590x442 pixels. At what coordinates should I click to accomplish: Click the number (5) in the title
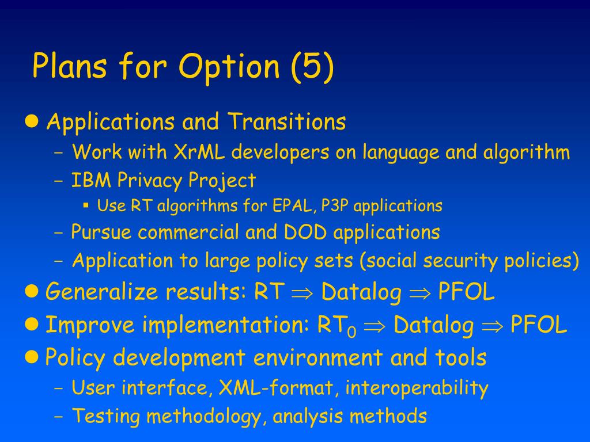click(x=312, y=67)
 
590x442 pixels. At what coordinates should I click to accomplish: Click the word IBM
click(x=92, y=180)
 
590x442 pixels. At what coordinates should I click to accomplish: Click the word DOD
click(x=305, y=232)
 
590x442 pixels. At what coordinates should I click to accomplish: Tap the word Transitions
click(x=286, y=121)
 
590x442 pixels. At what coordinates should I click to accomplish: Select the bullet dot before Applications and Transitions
click(x=32, y=121)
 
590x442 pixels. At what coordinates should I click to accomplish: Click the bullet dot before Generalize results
click(x=32, y=291)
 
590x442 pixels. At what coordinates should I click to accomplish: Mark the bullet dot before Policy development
click(x=32, y=356)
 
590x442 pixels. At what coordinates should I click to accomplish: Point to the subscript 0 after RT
click(x=352, y=332)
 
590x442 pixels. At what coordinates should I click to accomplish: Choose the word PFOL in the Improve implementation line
click(x=539, y=325)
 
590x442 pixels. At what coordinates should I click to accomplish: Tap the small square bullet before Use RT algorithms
click(x=86, y=205)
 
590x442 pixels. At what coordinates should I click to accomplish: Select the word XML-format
click(x=276, y=388)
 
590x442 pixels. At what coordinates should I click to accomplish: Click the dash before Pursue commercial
click(x=59, y=233)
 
